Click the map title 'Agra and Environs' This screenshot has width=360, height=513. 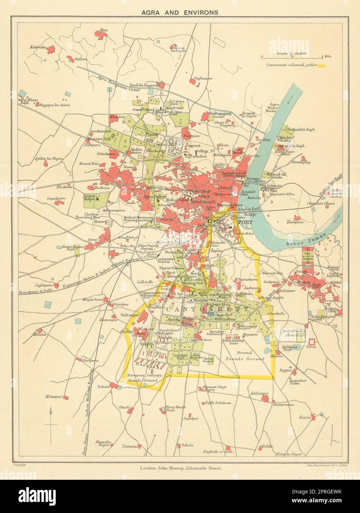point(180,12)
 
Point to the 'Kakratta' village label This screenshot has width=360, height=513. point(38,47)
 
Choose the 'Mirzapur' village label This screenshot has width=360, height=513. point(52,397)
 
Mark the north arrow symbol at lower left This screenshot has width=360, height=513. point(51,420)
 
